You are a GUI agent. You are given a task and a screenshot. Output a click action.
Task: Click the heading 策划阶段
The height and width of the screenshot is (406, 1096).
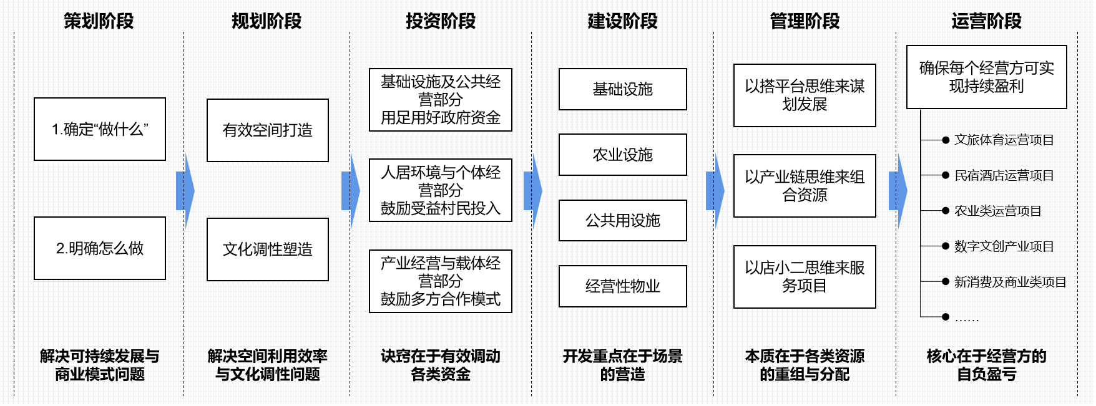pyautogui.click(x=99, y=21)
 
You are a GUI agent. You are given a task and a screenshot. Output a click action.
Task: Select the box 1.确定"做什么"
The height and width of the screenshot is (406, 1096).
pyautogui.click(x=100, y=129)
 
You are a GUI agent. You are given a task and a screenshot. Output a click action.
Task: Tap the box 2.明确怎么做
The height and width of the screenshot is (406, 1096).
pyautogui.click(x=100, y=248)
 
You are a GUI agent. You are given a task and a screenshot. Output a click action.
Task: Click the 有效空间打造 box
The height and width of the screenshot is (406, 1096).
pyautogui.click(x=267, y=130)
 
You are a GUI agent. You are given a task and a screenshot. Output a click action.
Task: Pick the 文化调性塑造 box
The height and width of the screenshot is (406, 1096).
pyautogui.click(x=267, y=249)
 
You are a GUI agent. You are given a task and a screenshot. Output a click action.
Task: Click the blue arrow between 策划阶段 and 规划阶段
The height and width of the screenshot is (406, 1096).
pyautogui.click(x=185, y=190)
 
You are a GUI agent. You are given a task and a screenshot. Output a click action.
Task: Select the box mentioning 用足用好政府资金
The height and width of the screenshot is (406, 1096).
pyautogui.click(x=440, y=100)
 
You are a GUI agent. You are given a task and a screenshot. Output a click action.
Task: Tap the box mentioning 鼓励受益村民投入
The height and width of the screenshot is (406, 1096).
pyautogui.click(x=440, y=190)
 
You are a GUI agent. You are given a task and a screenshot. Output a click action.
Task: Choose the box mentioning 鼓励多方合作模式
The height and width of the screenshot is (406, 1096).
pyautogui.click(x=440, y=281)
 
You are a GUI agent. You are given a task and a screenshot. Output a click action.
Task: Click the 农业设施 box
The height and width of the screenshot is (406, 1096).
pyautogui.click(x=622, y=155)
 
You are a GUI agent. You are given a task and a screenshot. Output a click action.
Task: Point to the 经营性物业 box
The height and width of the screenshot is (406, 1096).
pyautogui.click(x=622, y=286)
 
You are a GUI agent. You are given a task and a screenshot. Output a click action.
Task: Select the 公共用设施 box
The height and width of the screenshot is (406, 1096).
pyautogui.click(x=622, y=220)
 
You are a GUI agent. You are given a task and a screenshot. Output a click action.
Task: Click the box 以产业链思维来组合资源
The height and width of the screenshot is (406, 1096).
pyautogui.click(x=805, y=186)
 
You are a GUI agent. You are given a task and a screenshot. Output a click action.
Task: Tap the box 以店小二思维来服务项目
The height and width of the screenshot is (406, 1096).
pyautogui.click(x=805, y=277)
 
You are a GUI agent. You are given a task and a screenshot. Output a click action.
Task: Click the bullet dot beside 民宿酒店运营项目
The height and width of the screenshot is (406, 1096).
pyautogui.click(x=946, y=175)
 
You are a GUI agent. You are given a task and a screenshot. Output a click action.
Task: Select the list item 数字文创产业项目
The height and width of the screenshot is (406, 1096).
pyautogui.click(x=1004, y=246)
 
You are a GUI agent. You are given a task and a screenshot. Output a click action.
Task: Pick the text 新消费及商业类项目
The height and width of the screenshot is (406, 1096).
pyautogui.click(x=1010, y=282)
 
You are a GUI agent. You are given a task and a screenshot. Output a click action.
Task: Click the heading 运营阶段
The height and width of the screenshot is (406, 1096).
pyautogui.click(x=986, y=21)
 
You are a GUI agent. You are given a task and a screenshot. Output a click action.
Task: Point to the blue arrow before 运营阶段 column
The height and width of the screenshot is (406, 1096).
pyautogui.click(x=898, y=190)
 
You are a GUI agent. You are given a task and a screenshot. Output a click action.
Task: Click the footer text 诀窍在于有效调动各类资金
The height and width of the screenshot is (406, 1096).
pyautogui.click(x=440, y=365)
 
